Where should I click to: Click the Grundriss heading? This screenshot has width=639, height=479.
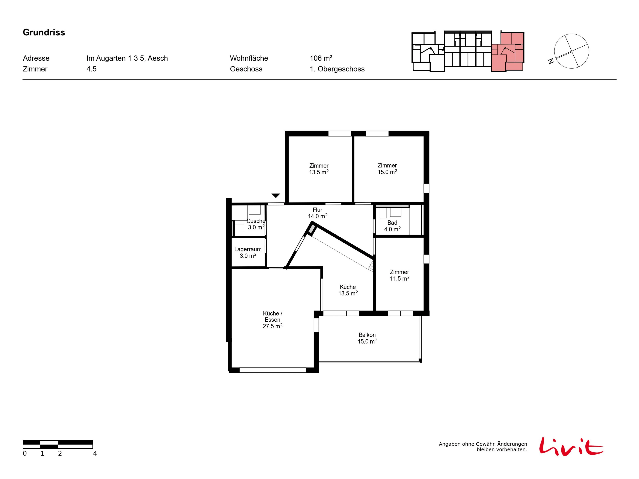click(x=44, y=32)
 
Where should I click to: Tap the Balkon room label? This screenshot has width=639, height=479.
click(x=367, y=338)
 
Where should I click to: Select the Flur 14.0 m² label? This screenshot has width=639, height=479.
click(x=318, y=213)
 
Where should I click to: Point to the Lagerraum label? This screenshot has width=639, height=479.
click(x=248, y=252)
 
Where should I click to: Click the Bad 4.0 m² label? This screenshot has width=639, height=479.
click(x=392, y=226)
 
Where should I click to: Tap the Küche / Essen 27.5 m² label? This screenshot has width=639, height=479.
click(x=272, y=320)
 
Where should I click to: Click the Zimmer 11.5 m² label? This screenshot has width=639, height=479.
click(x=400, y=275)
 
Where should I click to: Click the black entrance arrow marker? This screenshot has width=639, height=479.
click(x=276, y=196)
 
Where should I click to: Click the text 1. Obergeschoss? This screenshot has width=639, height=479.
click(x=337, y=69)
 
